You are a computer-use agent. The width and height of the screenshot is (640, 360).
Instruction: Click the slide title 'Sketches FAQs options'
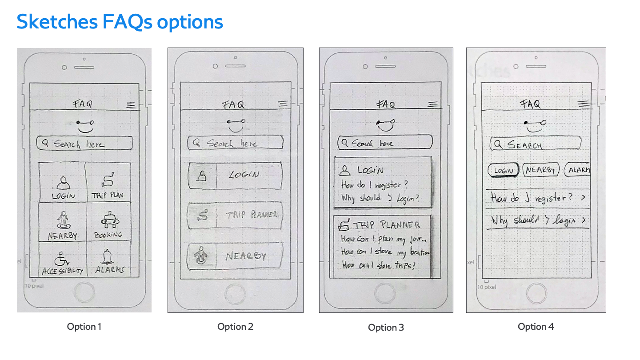(120, 22)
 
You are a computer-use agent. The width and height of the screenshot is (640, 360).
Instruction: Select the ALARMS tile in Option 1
(109, 262)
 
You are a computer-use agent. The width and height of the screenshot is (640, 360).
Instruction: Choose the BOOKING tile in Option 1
(108, 224)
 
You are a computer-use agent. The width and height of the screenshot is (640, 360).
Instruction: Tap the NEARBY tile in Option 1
(63, 224)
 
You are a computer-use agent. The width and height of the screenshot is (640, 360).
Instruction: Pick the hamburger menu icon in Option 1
(131, 105)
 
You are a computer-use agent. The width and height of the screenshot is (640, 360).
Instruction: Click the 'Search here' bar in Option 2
(235, 143)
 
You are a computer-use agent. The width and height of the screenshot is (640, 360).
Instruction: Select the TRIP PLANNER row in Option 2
(235, 216)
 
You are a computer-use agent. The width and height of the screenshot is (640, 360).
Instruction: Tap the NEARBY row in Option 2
(235, 256)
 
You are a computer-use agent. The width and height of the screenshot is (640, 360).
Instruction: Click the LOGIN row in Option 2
(235, 175)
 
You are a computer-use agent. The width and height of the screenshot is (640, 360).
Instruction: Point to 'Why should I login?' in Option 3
(380, 198)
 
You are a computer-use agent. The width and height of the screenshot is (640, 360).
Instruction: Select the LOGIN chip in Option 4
(503, 170)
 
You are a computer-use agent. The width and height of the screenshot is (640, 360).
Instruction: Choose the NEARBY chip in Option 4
(540, 170)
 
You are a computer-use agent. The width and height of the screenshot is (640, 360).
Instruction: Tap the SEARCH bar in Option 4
(536, 144)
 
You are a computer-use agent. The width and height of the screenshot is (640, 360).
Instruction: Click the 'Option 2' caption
(235, 327)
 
